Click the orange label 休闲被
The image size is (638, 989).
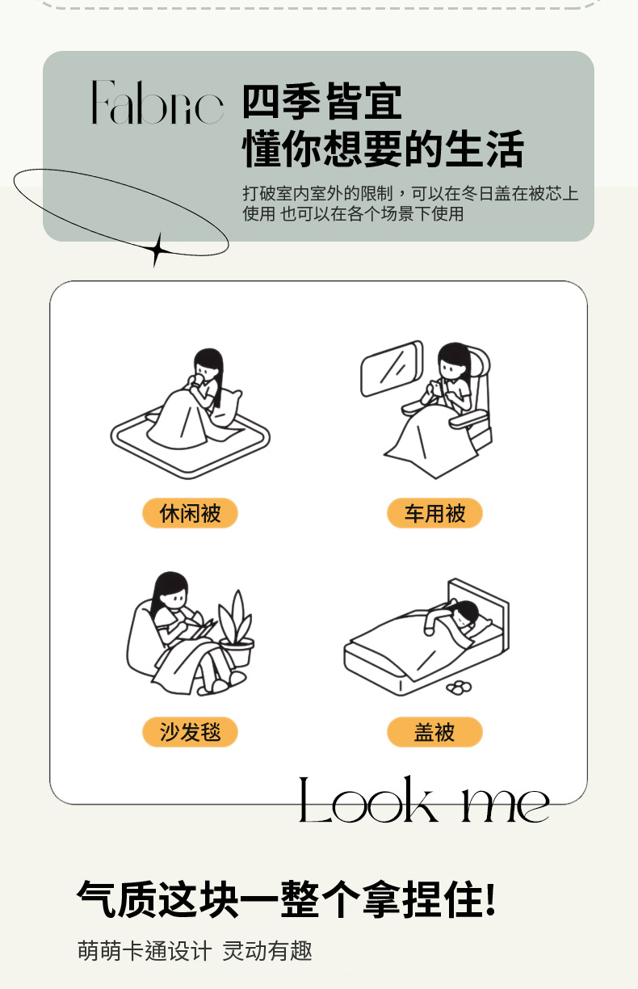click(x=190, y=513)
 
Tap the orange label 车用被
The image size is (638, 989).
click(x=434, y=513)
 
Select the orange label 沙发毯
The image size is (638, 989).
click(x=190, y=732)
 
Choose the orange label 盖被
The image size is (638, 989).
click(x=434, y=732)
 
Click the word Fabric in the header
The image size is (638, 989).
click(x=157, y=102)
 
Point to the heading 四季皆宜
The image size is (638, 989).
click(x=322, y=102)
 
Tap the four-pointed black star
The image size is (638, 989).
click(x=156, y=250)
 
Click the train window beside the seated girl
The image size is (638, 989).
click(x=392, y=368)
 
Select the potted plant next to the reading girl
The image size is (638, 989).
click(x=237, y=628)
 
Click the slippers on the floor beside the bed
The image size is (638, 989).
click(x=459, y=687)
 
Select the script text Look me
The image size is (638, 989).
click(x=423, y=800)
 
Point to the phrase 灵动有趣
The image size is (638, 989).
click(x=267, y=951)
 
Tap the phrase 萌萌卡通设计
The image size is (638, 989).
click(x=145, y=951)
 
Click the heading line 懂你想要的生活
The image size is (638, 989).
click(x=383, y=149)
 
